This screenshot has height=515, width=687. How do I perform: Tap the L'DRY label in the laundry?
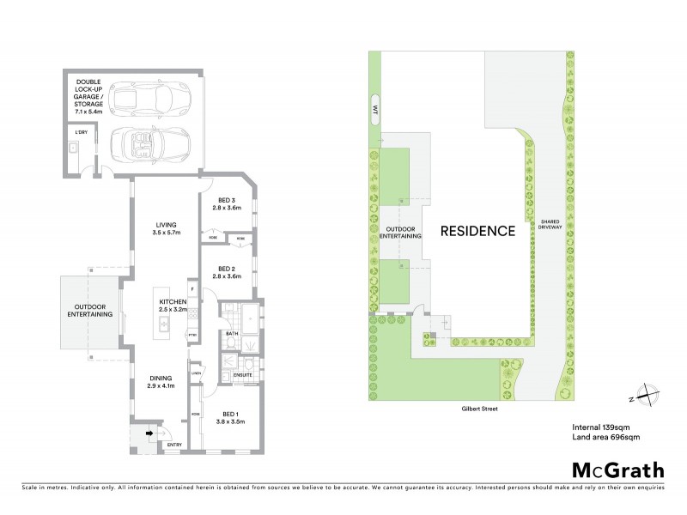coord(82,133)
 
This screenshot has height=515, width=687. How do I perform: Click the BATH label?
coord(231,333)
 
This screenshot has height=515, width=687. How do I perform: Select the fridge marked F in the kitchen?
coord(193,289)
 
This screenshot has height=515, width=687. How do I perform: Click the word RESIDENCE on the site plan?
coord(477,231)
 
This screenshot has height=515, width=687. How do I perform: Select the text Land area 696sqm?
coord(605,438)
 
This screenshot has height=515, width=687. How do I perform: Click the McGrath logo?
coord(617,470)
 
